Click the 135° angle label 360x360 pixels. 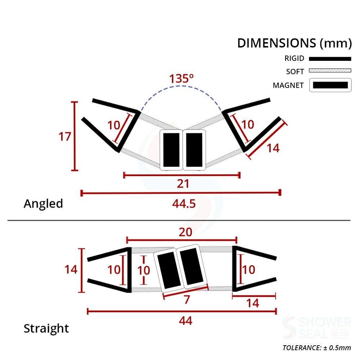(182, 78)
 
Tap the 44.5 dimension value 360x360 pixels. (184, 203)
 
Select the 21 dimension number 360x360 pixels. (183, 184)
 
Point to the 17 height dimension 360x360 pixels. (65, 137)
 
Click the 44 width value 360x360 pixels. (185, 320)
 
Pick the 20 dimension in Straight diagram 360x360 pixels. (185, 233)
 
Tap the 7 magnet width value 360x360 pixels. (186, 300)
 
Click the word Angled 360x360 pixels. (43, 204)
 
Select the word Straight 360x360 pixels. (46, 329)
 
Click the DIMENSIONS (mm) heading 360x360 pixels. (294, 43)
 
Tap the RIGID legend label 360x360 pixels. (294, 59)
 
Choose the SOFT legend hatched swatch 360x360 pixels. (330, 71)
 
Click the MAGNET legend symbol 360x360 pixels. (330, 85)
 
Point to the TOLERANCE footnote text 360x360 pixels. (316, 348)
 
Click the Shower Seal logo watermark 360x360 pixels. (316, 328)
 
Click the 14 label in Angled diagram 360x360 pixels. (273, 148)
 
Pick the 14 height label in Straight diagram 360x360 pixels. (71, 269)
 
